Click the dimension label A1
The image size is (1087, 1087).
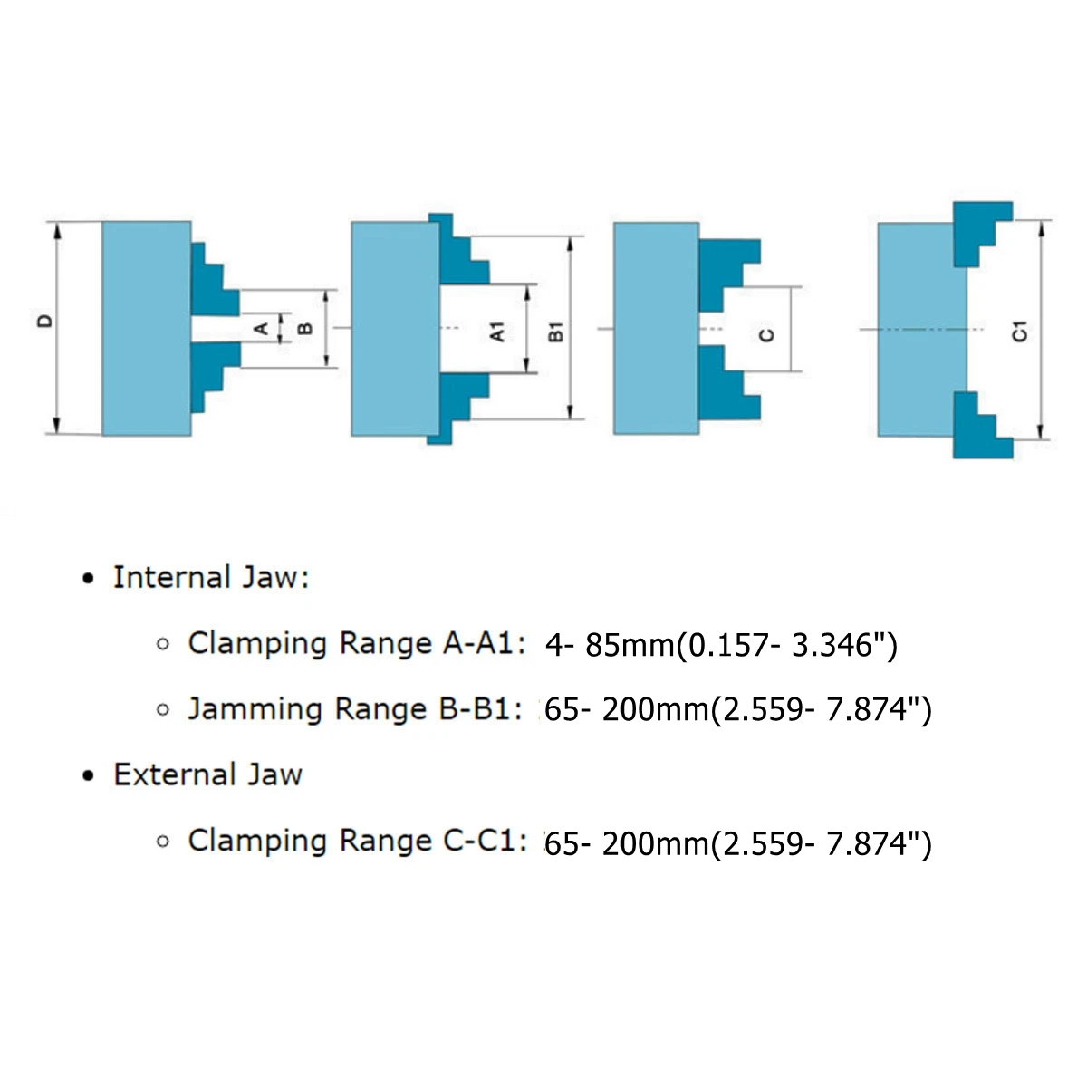497,332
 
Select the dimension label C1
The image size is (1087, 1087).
1019,332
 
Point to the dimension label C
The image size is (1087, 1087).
766,334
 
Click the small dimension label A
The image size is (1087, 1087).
260,328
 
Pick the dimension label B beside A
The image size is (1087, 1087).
304,328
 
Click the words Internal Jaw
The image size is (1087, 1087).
210,578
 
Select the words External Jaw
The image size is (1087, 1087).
207,775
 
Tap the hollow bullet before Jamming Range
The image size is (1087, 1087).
163,710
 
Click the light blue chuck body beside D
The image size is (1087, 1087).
146,328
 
